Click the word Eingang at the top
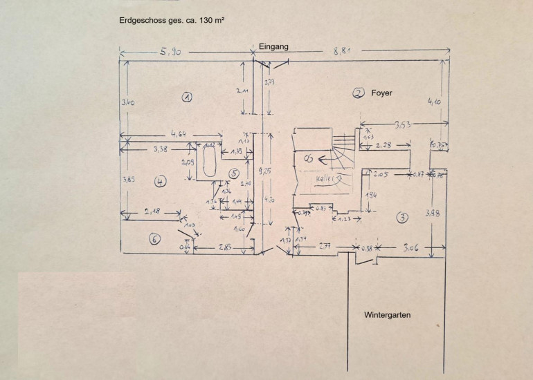click(273, 47)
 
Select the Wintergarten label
click(388, 315)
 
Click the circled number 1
click(187, 97)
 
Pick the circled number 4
click(161, 182)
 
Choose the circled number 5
click(234, 173)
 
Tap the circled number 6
click(155, 239)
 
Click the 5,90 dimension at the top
click(170, 53)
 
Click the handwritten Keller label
click(327, 178)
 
